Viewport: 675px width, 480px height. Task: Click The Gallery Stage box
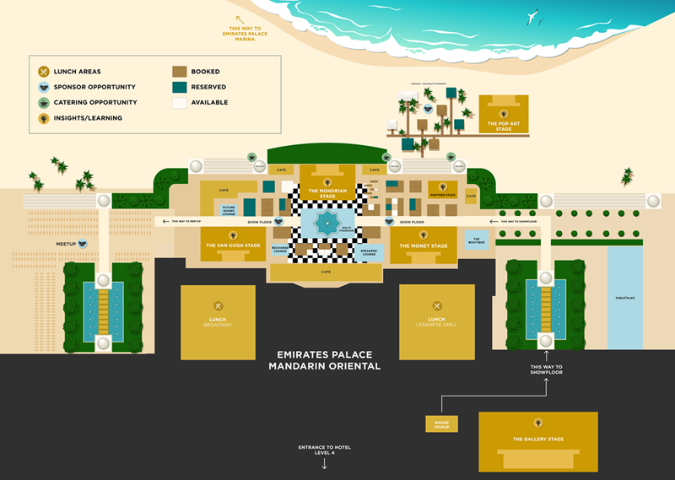[537, 440]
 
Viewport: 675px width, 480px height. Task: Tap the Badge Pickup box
[441, 423]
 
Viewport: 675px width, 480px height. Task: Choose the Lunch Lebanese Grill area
[436, 321]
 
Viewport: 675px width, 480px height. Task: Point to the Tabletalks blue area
[624, 297]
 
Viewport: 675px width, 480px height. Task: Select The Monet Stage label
[424, 245]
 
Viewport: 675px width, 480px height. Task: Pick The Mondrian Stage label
[327, 193]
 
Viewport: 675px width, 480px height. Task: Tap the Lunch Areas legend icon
[45, 72]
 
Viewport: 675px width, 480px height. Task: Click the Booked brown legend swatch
[180, 72]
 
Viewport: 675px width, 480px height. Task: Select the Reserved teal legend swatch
[180, 87]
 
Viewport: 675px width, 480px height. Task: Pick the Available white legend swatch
[180, 102]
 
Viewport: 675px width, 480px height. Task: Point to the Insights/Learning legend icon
[45, 117]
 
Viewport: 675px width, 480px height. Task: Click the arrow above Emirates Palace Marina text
[240, 19]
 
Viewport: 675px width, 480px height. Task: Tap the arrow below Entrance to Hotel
[324, 463]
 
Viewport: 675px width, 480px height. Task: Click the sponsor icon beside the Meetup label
[84, 244]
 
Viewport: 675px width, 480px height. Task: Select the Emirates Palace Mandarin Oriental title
[324, 360]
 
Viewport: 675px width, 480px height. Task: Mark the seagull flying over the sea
[532, 15]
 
